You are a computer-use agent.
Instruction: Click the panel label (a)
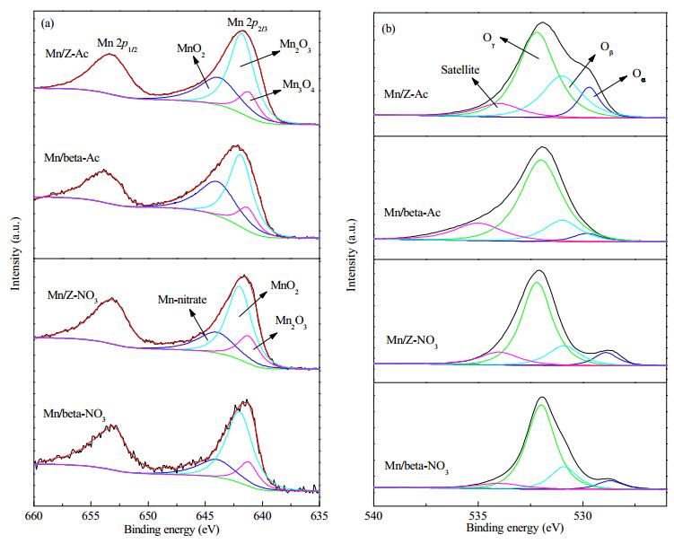click(x=48, y=23)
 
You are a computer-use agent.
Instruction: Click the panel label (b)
click(x=389, y=29)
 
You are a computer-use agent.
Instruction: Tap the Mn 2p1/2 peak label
click(x=117, y=43)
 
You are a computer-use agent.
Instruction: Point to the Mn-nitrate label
click(x=182, y=299)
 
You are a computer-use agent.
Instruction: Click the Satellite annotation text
click(x=460, y=70)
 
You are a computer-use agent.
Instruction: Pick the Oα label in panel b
click(x=639, y=75)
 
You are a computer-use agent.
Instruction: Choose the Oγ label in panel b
click(x=489, y=39)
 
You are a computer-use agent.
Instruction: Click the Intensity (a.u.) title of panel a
click(x=15, y=253)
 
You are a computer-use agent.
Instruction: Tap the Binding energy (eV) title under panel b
click(x=514, y=527)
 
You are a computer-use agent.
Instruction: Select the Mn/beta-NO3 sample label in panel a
click(x=74, y=415)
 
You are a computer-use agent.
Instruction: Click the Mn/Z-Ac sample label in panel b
click(x=406, y=93)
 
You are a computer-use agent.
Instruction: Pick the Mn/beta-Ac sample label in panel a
click(x=72, y=158)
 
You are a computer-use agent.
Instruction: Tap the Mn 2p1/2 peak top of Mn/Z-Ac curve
click(x=109, y=54)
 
